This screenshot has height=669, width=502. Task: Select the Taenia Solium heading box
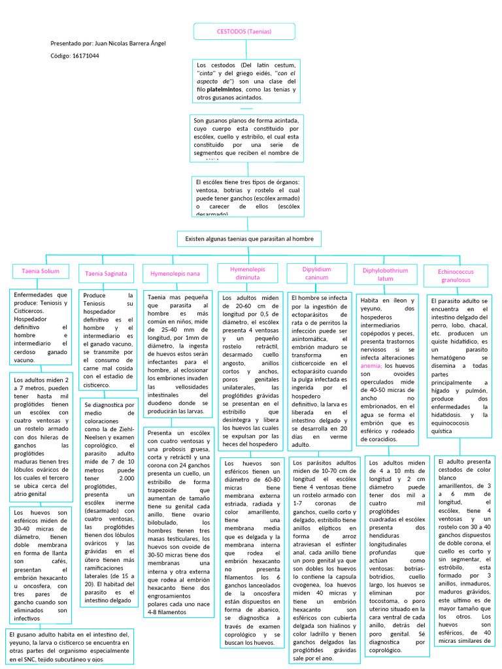point(41,270)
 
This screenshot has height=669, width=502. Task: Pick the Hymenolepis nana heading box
point(175,273)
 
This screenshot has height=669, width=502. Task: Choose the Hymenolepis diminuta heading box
point(248,273)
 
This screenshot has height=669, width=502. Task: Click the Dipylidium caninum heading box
point(316,273)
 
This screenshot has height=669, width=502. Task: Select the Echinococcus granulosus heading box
point(456,275)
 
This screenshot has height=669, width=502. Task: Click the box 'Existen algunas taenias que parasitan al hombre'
point(249,238)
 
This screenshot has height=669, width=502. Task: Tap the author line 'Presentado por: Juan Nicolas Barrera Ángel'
point(108,43)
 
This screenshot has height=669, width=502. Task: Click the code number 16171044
point(86,56)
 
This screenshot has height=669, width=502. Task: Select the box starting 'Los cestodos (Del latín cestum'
point(247,81)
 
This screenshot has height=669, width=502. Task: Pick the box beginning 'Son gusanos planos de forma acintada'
point(247,138)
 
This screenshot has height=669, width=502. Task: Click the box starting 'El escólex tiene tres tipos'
point(247,196)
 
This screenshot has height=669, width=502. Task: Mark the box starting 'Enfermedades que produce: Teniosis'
point(41,327)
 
